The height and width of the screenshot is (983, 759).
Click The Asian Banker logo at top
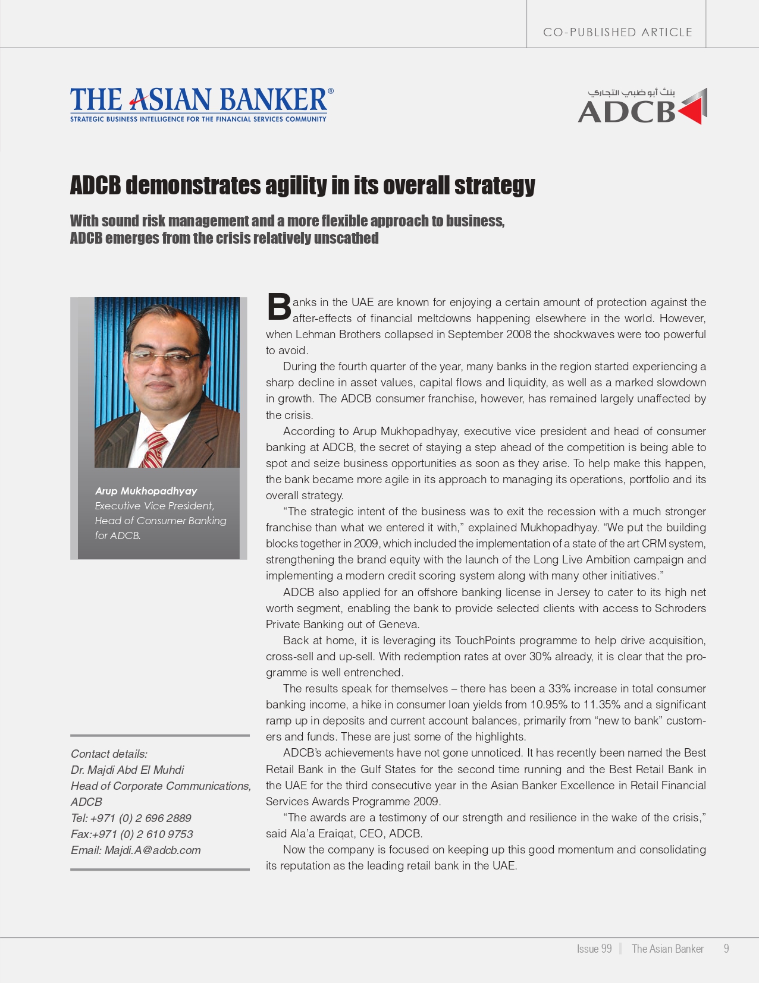(x=201, y=103)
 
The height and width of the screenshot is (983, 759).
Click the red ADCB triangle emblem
(x=692, y=107)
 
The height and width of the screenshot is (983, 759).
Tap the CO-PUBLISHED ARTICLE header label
(x=617, y=32)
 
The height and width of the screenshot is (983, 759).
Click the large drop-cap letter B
(x=278, y=307)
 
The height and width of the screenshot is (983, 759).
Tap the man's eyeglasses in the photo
(x=164, y=357)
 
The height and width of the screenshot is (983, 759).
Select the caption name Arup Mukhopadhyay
(x=146, y=491)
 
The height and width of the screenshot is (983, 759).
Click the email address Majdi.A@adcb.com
(x=152, y=850)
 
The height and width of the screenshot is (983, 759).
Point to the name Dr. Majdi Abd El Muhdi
(x=127, y=770)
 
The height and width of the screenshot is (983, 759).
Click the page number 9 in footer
(x=726, y=949)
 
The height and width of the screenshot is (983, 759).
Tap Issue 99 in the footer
(x=594, y=949)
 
